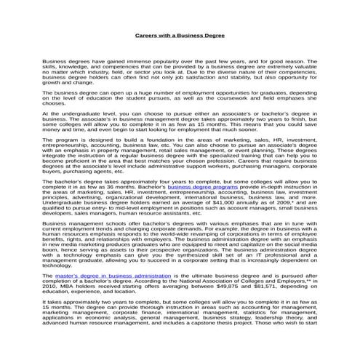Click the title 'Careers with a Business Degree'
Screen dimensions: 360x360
point(180,36)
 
